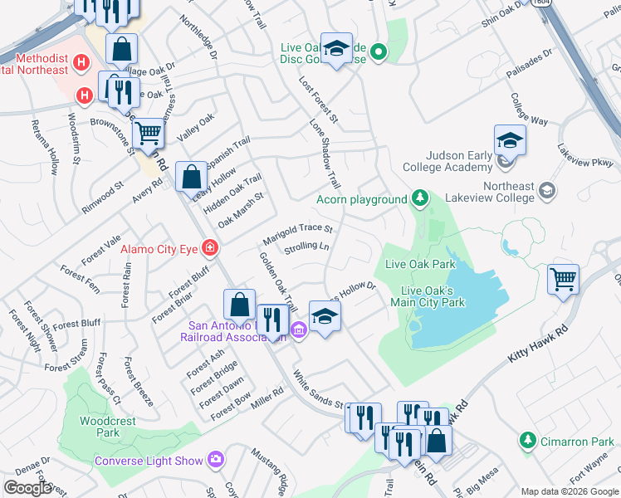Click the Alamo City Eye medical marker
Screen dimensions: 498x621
pyautogui.click(x=210, y=247)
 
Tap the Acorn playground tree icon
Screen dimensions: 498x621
pyautogui.click(x=421, y=198)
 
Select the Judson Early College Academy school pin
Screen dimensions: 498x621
pyautogui.click(x=509, y=140)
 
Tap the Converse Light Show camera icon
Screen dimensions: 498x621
pyautogui.click(x=217, y=459)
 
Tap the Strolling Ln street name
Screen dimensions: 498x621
pyautogui.click(x=306, y=248)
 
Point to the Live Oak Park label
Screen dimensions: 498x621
pyautogui.click(x=420, y=265)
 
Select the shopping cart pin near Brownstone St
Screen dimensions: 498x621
pyautogui.click(x=148, y=132)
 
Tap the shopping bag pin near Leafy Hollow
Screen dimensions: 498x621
pyautogui.click(x=192, y=176)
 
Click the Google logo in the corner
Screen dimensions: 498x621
pyautogui.click(x=27, y=488)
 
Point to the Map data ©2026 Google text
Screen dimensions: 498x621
pyautogui.click(x=570, y=491)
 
